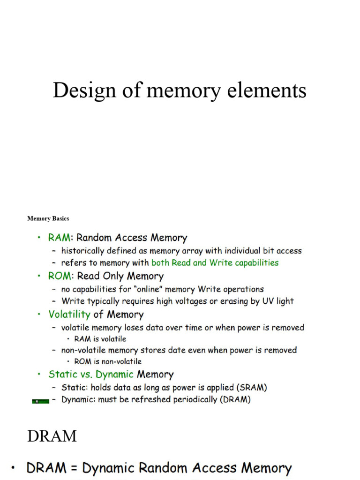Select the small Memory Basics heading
(48, 218)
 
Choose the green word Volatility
(69, 314)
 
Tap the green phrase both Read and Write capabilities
(215, 263)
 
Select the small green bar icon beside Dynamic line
(41, 401)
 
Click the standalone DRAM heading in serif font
(52, 436)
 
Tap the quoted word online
(146, 289)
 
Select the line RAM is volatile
(100, 339)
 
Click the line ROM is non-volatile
(107, 361)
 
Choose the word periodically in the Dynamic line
(189, 400)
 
